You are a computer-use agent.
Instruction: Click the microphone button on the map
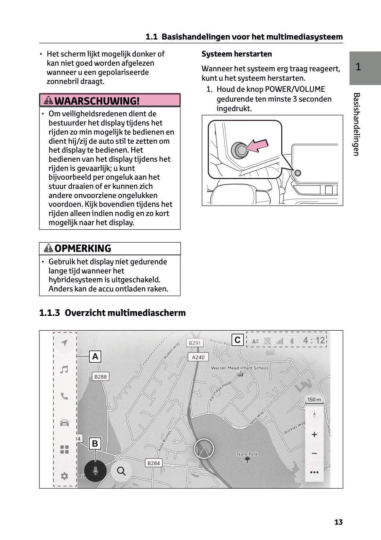95,471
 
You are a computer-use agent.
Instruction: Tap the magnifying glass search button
121,471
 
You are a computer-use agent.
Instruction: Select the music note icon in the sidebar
64,369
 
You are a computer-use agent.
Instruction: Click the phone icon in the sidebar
64,396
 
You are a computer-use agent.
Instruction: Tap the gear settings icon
64,476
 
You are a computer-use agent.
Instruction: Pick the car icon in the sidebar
64,423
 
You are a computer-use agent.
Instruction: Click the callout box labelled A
95,356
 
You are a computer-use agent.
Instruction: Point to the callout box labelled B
95,444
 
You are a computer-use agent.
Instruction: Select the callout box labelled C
237,340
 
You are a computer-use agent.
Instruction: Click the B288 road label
100,377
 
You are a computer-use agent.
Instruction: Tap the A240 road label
198,357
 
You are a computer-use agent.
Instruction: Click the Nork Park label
247,454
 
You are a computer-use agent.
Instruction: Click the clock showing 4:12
314,340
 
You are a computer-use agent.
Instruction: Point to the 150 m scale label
314,400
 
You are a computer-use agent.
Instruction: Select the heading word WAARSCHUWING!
97,101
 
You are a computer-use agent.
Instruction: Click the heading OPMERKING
83,249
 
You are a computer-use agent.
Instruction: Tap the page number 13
338,522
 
